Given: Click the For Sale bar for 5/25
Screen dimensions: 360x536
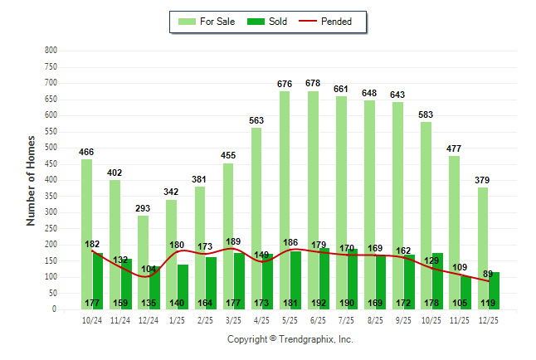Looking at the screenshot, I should click(285, 200).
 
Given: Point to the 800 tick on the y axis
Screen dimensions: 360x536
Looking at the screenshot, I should click(51, 51).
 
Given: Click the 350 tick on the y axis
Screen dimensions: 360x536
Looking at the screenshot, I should click(51, 197).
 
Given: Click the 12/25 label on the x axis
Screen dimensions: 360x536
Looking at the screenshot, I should click(487, 319).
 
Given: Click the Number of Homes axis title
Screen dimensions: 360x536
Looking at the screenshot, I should click(31, 180).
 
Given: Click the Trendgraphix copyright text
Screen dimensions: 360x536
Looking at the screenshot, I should click(290, 339).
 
